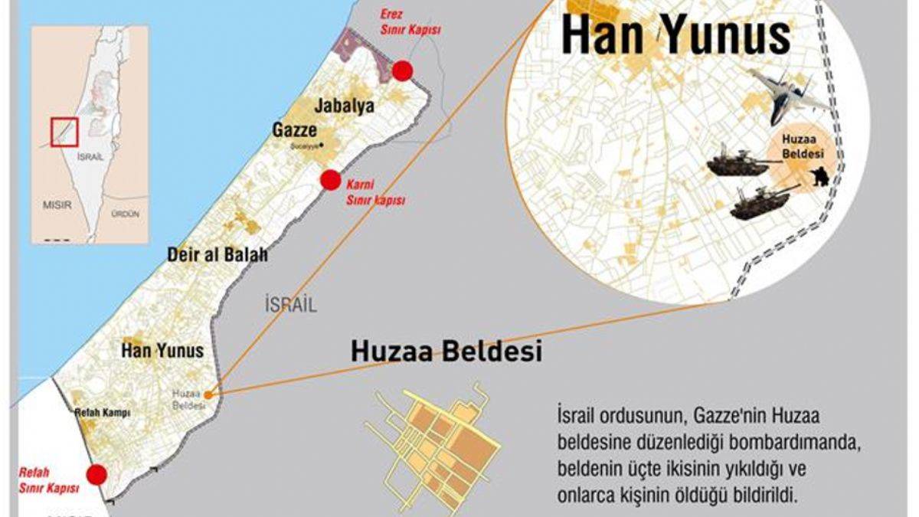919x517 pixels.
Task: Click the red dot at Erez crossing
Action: point(403,71)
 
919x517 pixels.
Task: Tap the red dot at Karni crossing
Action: point(330,180)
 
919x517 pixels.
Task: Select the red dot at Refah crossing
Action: point(96,475)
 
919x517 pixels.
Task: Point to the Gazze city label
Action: point(295,130)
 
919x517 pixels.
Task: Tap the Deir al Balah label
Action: point(217,255)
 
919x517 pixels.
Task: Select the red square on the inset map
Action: point(64,132)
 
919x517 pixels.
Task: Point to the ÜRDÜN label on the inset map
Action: point(125,214)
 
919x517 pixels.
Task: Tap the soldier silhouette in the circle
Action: point(819,178)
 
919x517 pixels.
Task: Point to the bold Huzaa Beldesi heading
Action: point(446,352)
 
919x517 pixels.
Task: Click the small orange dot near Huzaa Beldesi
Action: point(208,394)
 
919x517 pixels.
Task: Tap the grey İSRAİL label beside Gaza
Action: point(290,304)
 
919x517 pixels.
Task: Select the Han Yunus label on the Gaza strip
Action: point(162,351)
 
